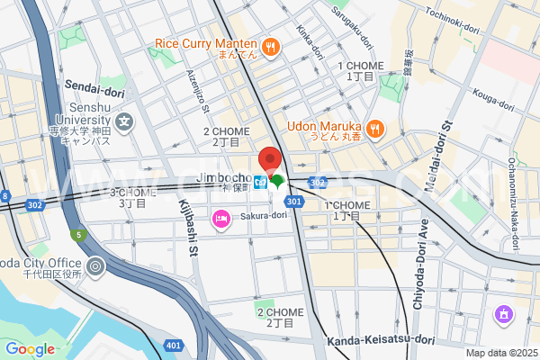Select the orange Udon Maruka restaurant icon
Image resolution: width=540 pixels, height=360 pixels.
375,128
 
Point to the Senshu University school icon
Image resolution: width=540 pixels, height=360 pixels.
123,121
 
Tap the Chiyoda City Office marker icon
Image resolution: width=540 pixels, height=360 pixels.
95,267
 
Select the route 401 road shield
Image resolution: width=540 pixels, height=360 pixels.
172,346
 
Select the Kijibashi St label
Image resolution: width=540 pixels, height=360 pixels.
192,230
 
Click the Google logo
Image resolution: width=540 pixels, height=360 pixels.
30,349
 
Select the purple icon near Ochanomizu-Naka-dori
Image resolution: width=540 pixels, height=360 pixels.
502,315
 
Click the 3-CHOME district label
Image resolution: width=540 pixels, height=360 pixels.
132,193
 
